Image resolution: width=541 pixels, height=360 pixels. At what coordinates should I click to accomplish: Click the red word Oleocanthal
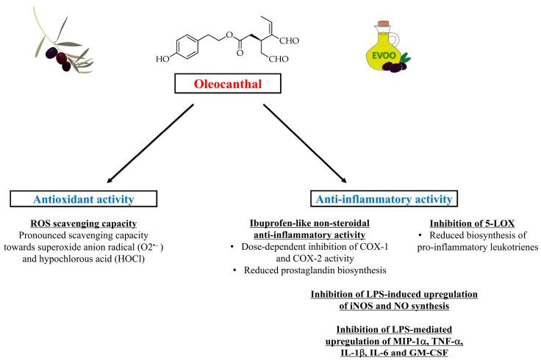pos(228,84)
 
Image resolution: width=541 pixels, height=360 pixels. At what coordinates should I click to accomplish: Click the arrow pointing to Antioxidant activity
pos(151,143)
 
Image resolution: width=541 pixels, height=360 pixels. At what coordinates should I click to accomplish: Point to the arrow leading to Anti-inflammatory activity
pos(305,143)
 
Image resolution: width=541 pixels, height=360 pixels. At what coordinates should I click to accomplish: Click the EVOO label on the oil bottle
pos(384,56)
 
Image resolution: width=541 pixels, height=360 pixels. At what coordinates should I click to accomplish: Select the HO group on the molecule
pos(162,59)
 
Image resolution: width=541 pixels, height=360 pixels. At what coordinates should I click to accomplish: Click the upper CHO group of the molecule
pos(289,40)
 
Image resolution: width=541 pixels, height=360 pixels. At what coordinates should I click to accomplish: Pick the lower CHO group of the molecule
pos(279,59)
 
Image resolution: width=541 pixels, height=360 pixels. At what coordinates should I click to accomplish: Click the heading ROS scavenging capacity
pos(84,224)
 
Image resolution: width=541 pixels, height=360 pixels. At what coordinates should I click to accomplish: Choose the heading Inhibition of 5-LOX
pos(472,223)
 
